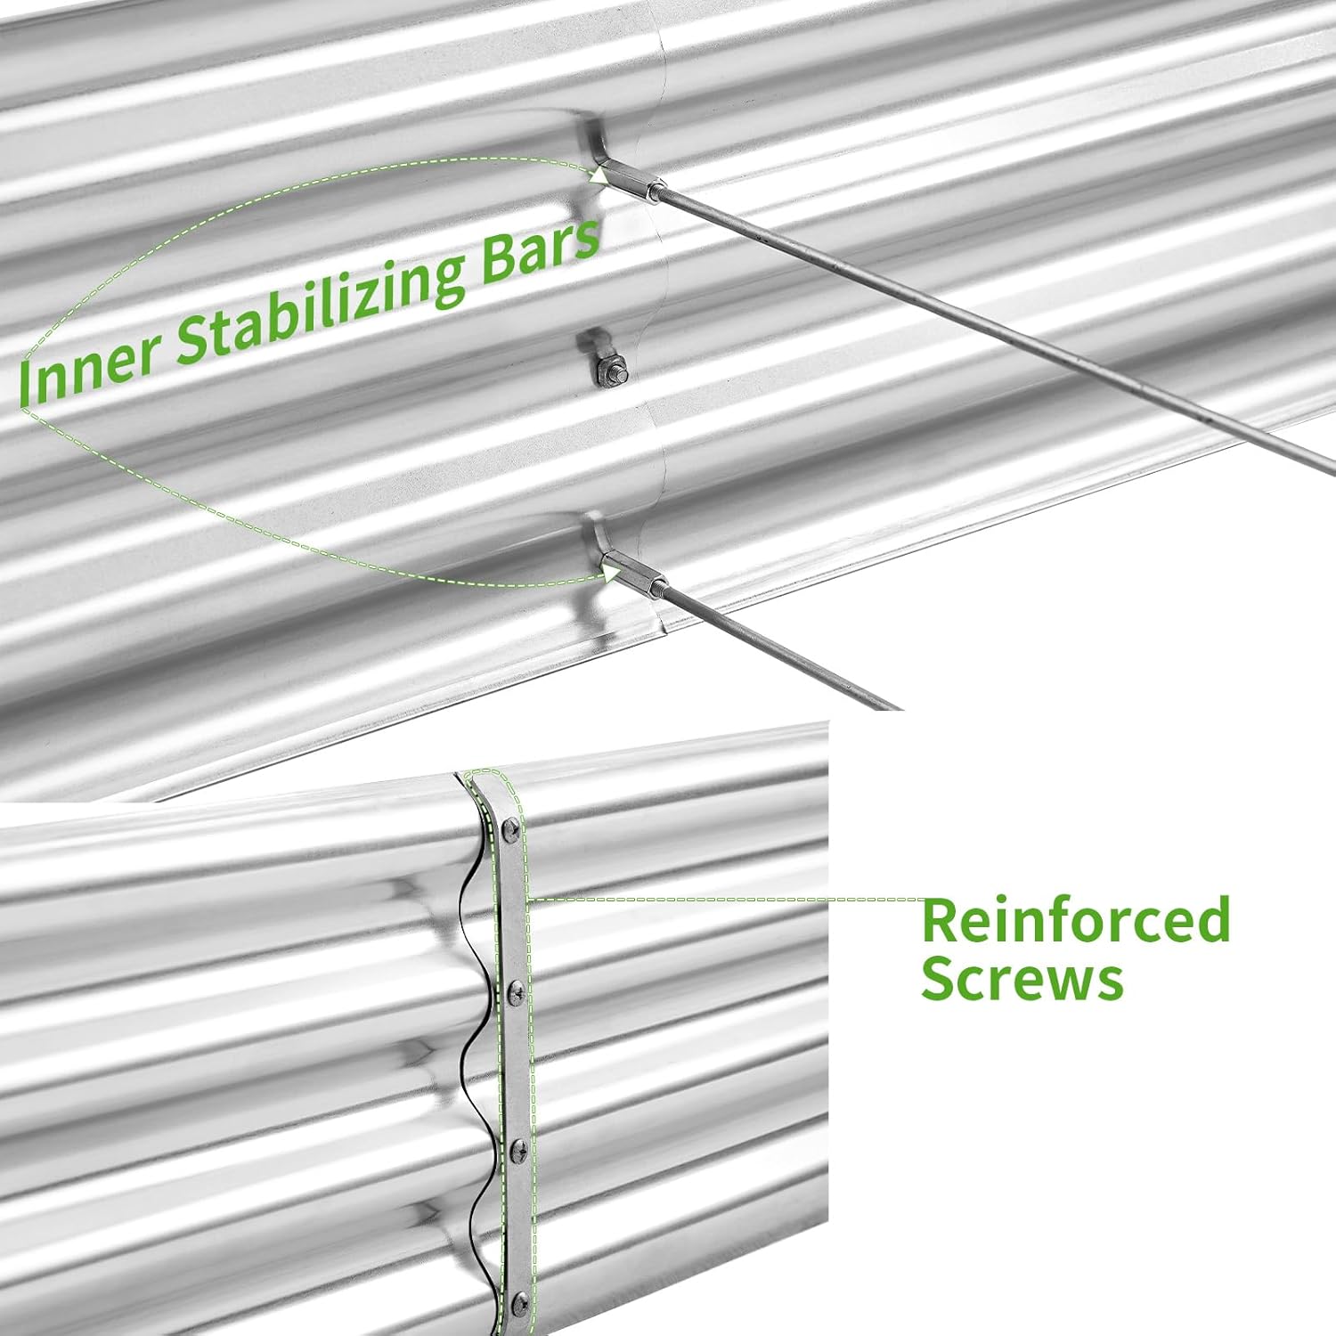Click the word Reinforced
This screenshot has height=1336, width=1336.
coord(1076,920)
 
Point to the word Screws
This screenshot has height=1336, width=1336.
coord(1022,979)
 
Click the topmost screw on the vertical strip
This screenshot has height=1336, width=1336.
coord(509,829)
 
